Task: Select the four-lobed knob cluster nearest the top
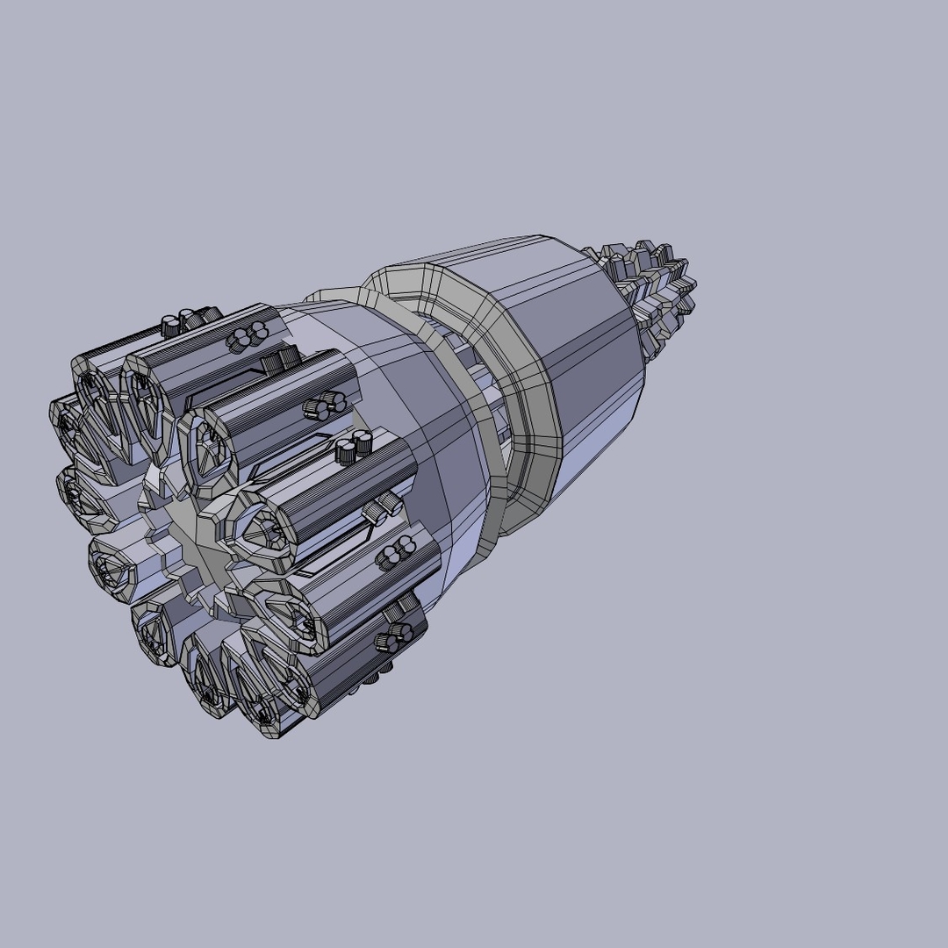click(247, 335)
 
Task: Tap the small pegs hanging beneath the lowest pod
click(369, 680)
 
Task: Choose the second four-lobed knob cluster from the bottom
click(394, 555)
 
